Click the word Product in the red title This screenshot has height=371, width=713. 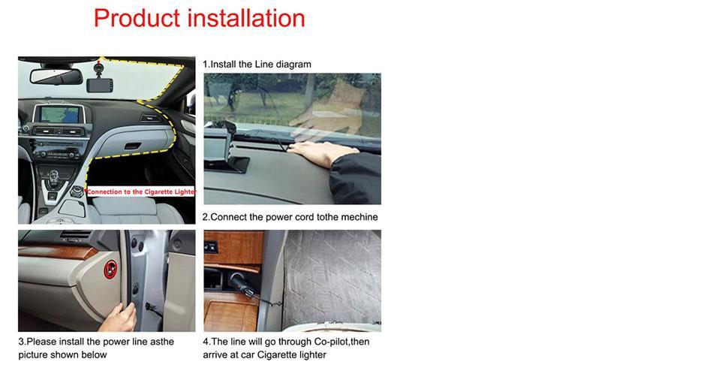(137, 19)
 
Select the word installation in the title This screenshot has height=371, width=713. (246, 18)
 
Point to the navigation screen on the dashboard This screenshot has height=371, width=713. (59, 113)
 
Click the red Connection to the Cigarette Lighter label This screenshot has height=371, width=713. (140, 192)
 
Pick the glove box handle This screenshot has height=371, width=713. (132, 146)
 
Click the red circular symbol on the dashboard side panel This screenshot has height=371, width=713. (110, 270)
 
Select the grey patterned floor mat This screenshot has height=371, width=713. (332, 276)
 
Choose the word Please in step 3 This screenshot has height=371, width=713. (43, 342)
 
